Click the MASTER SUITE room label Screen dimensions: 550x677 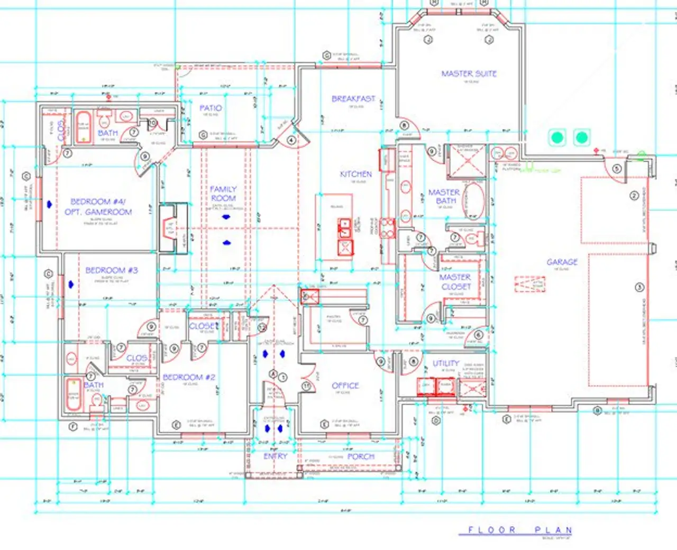pyautogui.click(x=469, y=74)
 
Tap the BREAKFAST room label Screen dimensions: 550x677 pyautogui.click(x=353, y=99)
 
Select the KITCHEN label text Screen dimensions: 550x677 pyautogui.click(x=355, y=174)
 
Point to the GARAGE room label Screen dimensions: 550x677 pyautogui.click(x=562, y=262)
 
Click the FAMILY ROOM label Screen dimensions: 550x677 pyautogui.click(x=223, y=194)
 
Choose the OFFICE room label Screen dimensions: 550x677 pyautogui.click(x=345, y=386)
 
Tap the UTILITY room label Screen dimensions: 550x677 pyautogui.click(x=446, y=363)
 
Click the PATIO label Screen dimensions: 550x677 pyautogui.click(x=211, y=108)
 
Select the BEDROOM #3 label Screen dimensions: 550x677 pyautogui.click(x=112, y=270)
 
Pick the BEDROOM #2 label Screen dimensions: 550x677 pyautogui.click(x=189, y=377)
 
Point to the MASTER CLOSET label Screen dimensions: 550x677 pyautogui.click(x=455, y=282)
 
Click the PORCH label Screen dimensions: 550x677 pyautogui.click(x=361, y=456)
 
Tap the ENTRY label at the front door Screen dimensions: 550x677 pyautogui.click(x=275, y=456)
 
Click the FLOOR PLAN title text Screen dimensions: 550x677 pyautogui.click(x=520, y=530)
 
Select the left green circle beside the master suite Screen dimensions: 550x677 pyautogui.click(x=557, y=138)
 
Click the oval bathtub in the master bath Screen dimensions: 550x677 pyautogui.click(x=472, y=200)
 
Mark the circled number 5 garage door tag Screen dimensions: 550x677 pyautogui.click(x=616, y=169)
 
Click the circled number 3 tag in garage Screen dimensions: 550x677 pyautogui.click(x=639, y=288)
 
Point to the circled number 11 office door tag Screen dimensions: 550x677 pyautogui.click(x=306, y=386)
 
